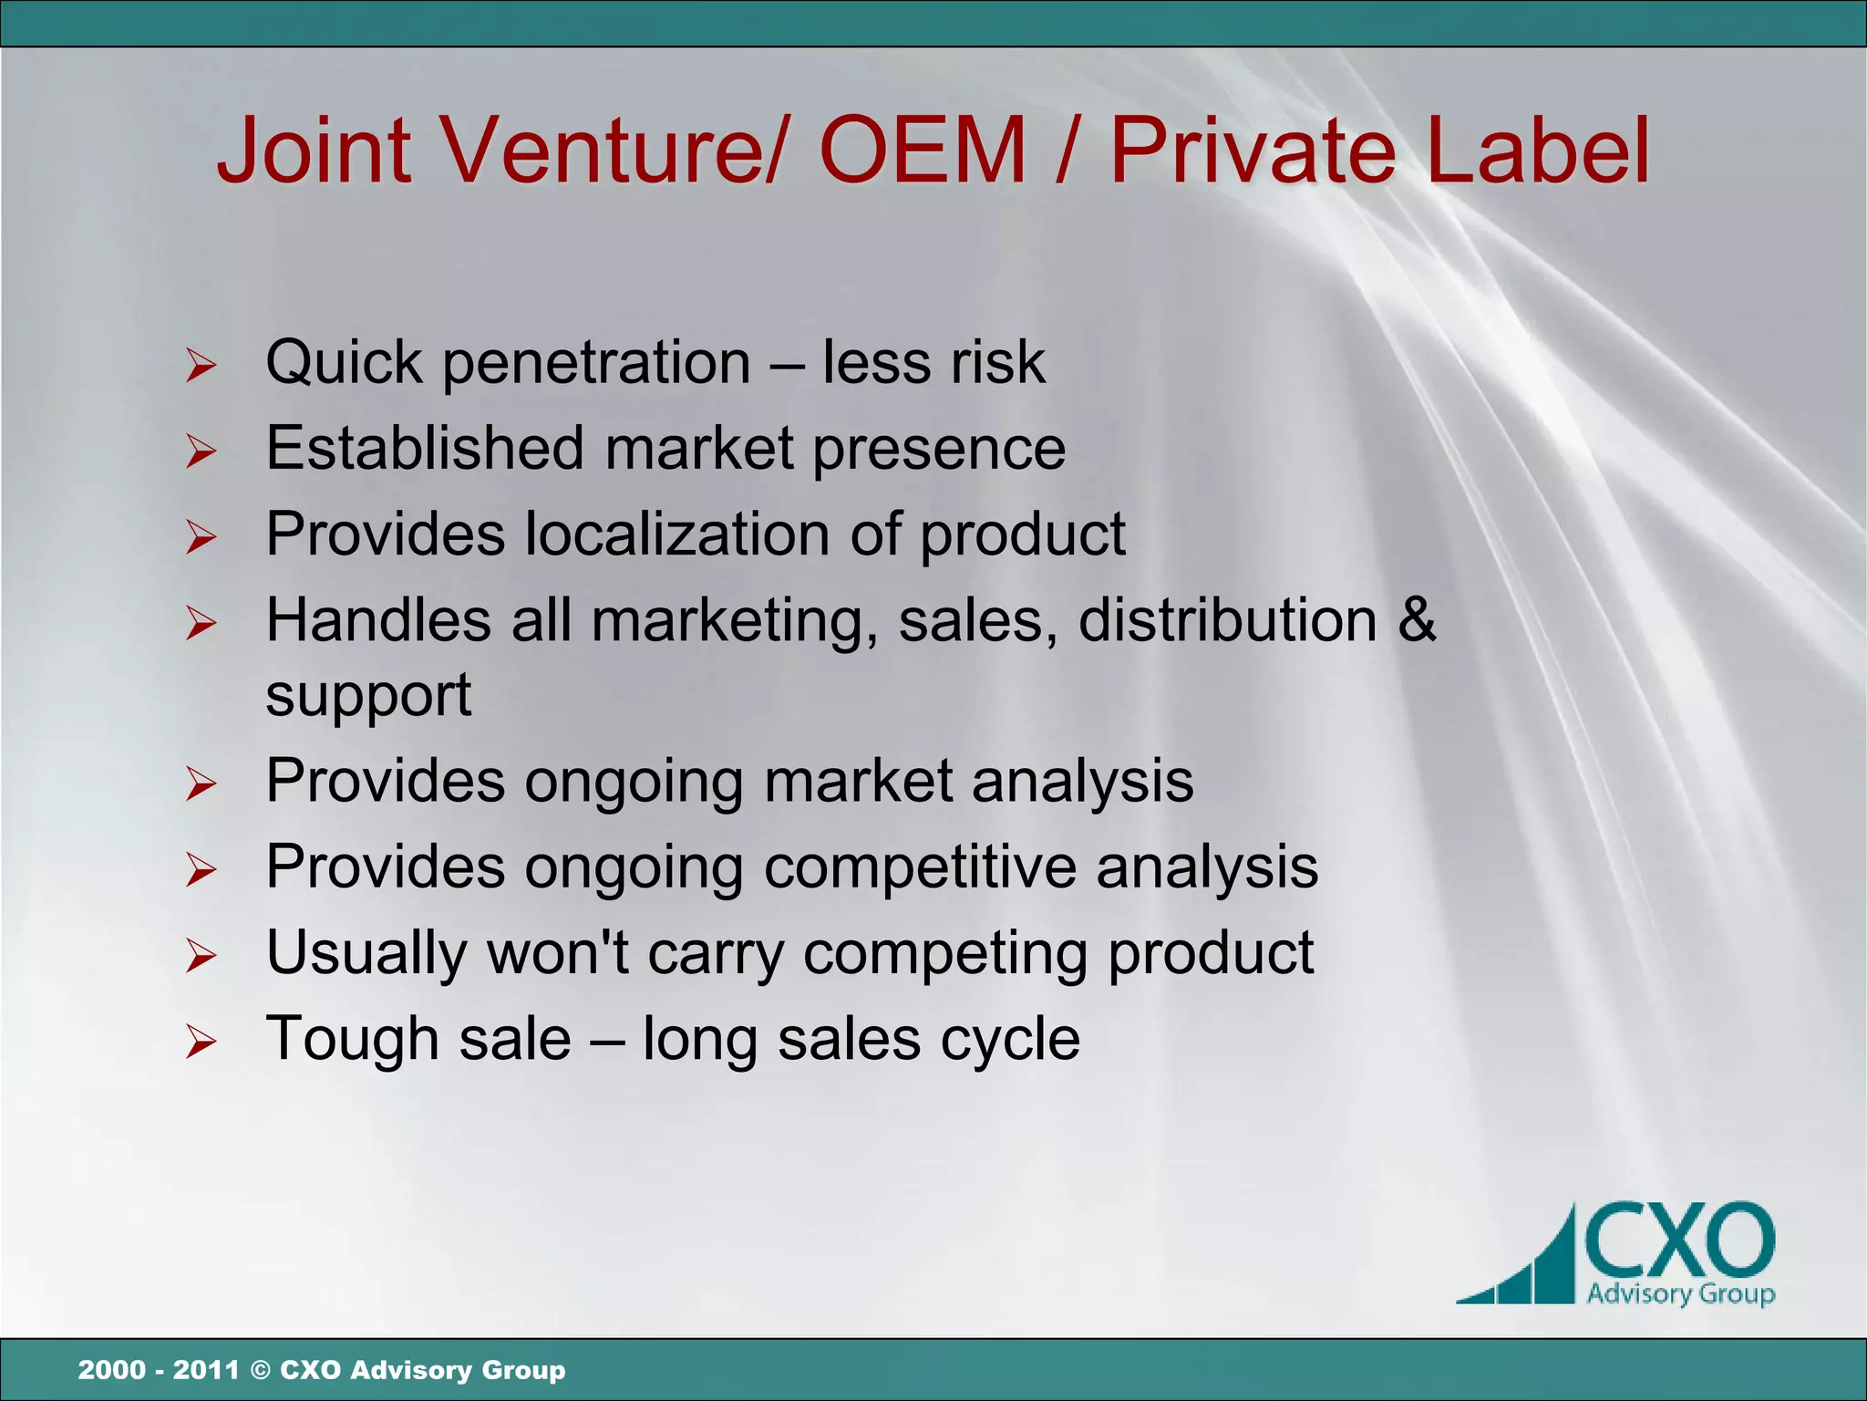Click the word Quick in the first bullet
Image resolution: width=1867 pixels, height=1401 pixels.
click(344, 364)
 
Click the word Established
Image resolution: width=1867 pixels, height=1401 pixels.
click(424, 448)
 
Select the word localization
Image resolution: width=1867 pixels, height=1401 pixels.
click(677, 534)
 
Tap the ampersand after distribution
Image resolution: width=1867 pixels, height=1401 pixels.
click(1417, 620)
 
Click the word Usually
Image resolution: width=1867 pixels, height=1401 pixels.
click(366, 954)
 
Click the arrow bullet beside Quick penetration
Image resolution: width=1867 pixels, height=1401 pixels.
click(201, 366)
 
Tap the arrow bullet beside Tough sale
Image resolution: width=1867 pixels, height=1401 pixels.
click(201, 1042)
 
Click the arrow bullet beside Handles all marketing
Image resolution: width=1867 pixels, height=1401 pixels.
click(201, 623)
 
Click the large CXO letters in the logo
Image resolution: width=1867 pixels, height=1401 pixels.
click(1679, 1241)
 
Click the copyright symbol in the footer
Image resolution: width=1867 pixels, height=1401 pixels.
click(260, 1370)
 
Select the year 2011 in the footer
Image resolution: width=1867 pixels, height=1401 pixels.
click(206, 1370)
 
